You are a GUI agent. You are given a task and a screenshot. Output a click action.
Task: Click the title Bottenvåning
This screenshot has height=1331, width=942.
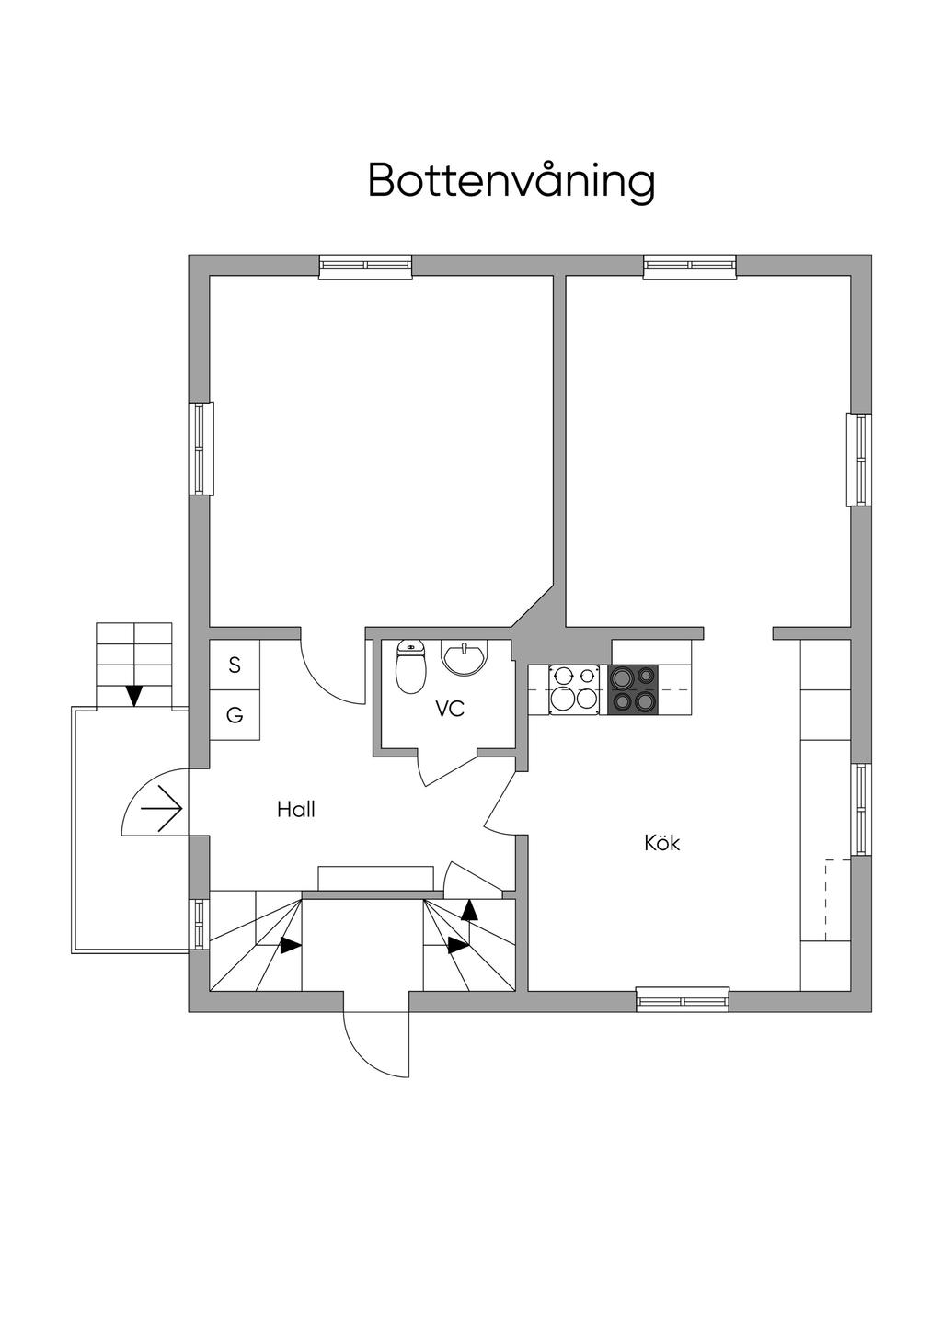pyautogui.click(x=511, y=180)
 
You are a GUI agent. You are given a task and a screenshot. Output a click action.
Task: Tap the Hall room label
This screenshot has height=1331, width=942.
pyautogui.click(x=295, y=809)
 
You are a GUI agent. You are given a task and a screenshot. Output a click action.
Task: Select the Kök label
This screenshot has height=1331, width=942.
pyautogui.click(x=662, y=843)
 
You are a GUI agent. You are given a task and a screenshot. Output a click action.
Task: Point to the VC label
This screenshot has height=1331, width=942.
pyautogui.click(x=450, y=709)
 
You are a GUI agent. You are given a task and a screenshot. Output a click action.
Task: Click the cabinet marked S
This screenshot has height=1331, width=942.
pyautogui.click(x=235, y=665)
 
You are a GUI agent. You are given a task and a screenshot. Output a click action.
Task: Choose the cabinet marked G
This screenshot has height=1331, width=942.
pyautogui.click(x=235, y=715)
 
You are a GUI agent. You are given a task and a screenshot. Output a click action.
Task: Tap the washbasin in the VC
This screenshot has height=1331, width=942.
pyautogui.click(x=465, y=658)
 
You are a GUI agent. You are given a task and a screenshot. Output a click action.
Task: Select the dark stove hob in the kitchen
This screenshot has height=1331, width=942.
pyautogui.click(x=633, y=690)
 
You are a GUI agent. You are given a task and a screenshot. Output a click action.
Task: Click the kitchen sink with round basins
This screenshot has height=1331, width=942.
pyautogui.click(x=574, y=690)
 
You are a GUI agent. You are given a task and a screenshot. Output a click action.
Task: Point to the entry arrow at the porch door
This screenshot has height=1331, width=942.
pyautogui.click(x=161, y=809)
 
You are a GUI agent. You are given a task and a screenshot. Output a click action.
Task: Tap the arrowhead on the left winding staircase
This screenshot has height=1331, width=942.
pyautogui.click(x=291, y=945)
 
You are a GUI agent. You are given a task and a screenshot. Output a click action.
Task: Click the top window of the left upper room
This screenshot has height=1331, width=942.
pyautogui.click(x=365, y=267)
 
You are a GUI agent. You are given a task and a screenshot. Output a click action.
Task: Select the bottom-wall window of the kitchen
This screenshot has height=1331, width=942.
pyautogui.click(x=683, y=999)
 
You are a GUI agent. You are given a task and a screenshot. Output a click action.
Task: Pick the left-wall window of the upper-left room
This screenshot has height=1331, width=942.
pyautogui.click(x=201, y=449)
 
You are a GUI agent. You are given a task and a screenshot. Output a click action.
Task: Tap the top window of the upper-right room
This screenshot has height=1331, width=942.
pyautogui.click(x=690, y=267)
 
